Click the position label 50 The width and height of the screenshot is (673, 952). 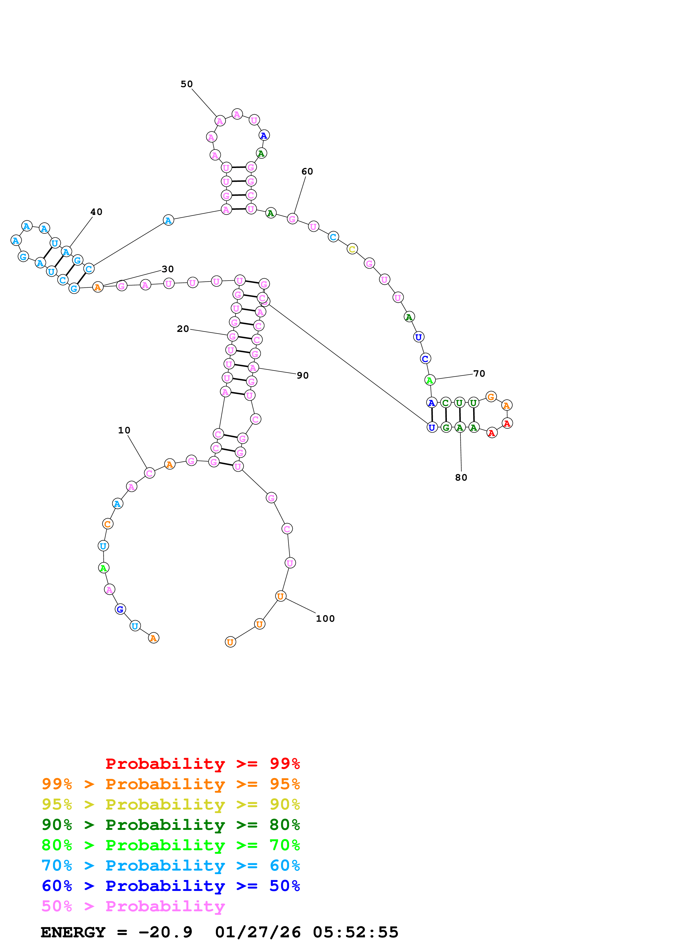187,84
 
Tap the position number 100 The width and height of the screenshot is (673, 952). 325,619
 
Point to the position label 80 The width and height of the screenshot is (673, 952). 461,477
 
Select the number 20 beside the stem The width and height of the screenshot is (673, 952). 183,329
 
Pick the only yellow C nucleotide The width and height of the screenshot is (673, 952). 352,249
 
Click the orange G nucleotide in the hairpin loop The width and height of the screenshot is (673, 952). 491,397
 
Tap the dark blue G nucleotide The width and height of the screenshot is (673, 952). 120,609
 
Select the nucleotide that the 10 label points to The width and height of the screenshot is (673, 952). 149,473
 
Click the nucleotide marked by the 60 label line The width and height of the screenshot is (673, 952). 292,219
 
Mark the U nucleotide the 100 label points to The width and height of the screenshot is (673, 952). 281,596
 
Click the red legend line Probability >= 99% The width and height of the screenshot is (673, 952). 203,763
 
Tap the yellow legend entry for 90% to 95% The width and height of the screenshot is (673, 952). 171,804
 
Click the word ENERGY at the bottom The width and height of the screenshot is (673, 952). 73,932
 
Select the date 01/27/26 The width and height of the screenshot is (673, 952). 258,932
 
